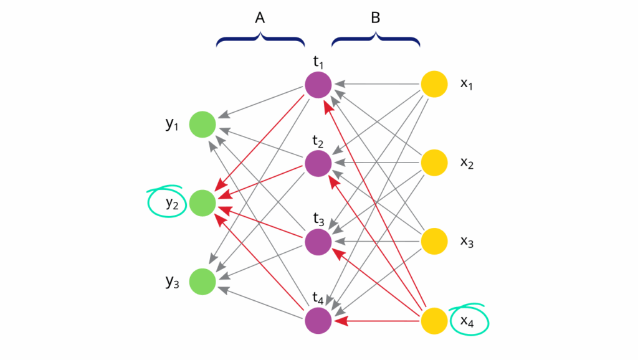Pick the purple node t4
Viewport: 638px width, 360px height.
tap(318, 321)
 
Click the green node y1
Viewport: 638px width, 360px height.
tap(202, 124)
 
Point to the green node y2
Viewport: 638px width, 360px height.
tap(202, 203)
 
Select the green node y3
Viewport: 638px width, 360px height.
tap(202, 282)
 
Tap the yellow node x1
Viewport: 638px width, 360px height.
tap(434, 84)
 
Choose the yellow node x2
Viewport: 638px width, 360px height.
tap(434, 163)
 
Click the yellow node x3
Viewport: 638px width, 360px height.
tap(434, 242)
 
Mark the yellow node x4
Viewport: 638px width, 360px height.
tap(434, 321)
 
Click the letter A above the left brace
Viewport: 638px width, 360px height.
tap(260, 19)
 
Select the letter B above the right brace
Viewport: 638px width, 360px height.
tap(376, 19)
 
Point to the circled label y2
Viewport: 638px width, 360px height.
tap(172, 202)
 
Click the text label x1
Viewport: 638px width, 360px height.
tap(467, 84)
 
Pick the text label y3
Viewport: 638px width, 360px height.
tap(173, 282)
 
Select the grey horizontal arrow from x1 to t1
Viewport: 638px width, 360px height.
tap(377, 84)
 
